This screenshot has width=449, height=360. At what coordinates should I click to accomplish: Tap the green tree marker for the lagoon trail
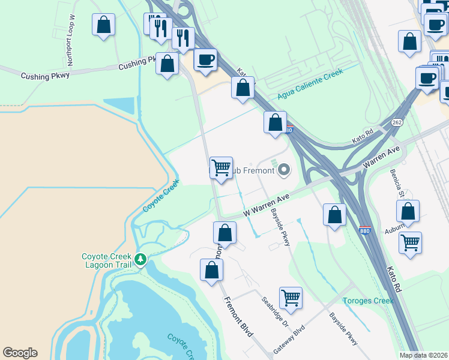point(140,260)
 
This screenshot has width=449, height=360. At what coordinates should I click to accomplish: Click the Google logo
point(20,353)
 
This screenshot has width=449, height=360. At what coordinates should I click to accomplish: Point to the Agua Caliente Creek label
point(310,84)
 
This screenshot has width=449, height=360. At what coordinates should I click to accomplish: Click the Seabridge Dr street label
point(276,311)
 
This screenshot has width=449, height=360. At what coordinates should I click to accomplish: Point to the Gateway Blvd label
point(290,340)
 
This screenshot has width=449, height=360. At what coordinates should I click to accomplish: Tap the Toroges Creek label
point(367,301)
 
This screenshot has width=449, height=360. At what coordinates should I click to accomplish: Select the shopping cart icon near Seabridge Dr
point(291,297)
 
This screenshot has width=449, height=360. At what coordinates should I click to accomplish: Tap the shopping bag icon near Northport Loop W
point(104,25)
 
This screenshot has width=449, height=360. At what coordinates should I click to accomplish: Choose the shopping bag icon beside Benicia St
point(408,211)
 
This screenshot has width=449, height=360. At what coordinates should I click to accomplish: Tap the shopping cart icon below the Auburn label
point(410,242)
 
